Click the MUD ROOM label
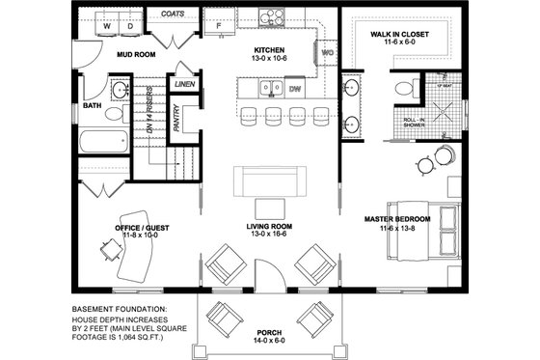[136, 55]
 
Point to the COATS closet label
[174, 14]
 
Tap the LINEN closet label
[184, 85]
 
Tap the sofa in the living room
[263, 180]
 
